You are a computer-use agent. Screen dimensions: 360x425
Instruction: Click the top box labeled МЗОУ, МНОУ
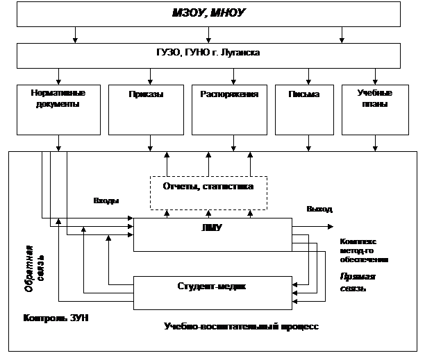208,14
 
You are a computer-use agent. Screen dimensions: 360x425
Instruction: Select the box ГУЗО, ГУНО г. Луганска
208,54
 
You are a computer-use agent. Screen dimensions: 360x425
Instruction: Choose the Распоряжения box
229,109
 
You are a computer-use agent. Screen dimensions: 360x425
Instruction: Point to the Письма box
303,109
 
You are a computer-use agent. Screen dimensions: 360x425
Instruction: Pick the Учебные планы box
374,109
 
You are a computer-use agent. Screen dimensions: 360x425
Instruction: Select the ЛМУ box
212,234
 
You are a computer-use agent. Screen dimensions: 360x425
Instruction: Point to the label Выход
319,209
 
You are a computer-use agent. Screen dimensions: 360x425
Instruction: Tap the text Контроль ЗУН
56,318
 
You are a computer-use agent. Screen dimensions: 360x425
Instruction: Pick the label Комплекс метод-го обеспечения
363,250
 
